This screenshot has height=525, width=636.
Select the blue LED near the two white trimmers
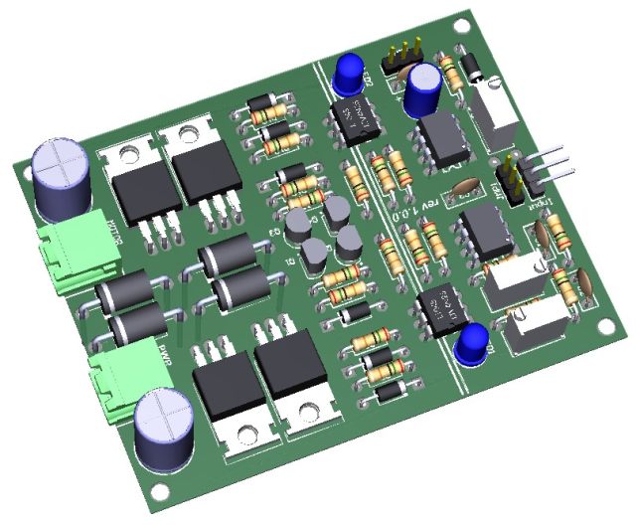click(x=472, y=343)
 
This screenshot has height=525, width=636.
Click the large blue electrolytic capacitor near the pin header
click(x=423, y=87)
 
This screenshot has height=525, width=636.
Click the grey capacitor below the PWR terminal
click(x=165, y=429)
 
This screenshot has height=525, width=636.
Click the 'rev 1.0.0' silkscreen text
click(x=403, y=202)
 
